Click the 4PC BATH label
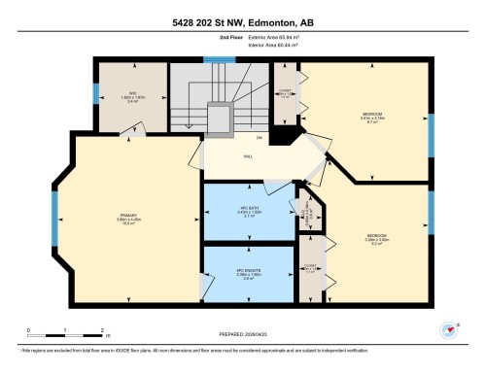[248, 210]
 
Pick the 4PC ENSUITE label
[248, 273]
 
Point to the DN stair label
[205, 138]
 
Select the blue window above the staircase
[213, 59]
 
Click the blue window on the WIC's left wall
[95, 93]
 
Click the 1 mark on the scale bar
[64, 331]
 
